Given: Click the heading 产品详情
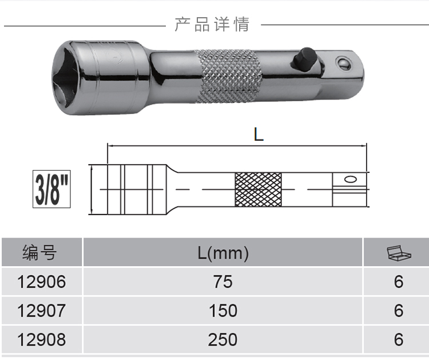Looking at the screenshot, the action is click(212, 24).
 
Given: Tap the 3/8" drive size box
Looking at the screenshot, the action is click(51, 189).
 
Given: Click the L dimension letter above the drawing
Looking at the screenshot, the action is click(259, 134).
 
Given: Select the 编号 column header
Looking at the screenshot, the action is click(39, 252).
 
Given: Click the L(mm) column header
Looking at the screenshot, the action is click(223, 253).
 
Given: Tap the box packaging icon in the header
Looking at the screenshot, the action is click(399, 253).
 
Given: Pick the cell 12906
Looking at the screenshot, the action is click(42, 282).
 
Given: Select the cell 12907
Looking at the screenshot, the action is click(42, 311).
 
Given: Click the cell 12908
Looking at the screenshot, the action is click(42, 340).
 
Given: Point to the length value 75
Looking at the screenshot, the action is click(223, 282).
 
